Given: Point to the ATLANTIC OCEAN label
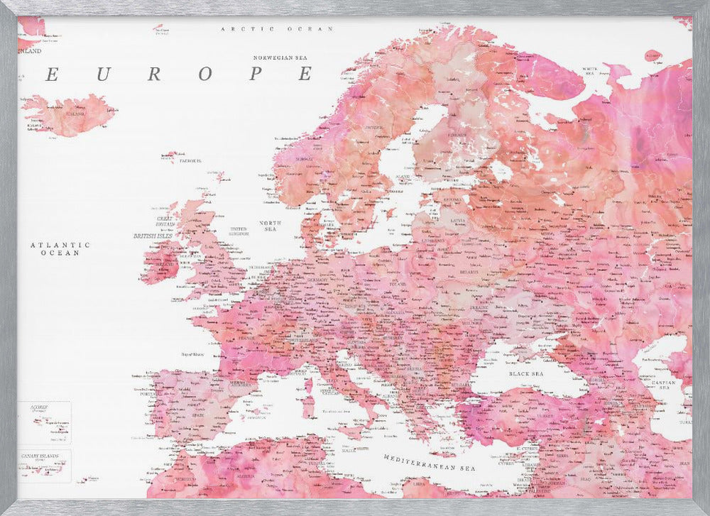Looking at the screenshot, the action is tap(60, 248).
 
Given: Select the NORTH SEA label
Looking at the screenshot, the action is tap(270, 226).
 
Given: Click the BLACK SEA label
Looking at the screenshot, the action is tap(525, 373).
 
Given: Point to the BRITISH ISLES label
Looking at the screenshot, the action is tap(155, 235).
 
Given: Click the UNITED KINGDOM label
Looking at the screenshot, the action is tap(238, 231).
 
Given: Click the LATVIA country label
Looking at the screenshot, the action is tap(457, 220).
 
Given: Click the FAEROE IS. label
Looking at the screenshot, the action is tap(189, 161).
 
